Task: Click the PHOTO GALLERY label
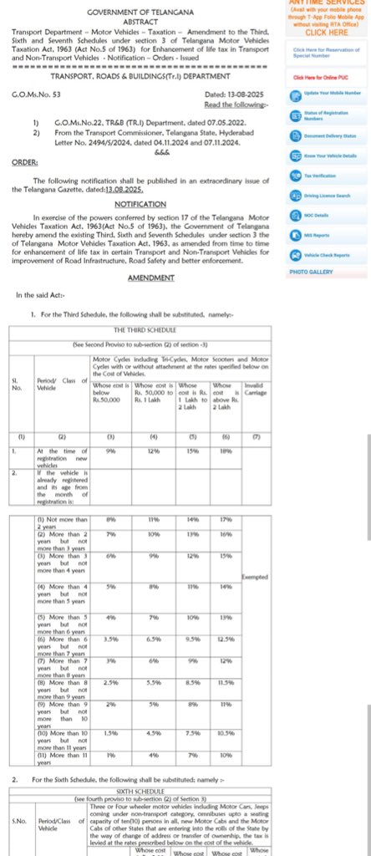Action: coord(311,272)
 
